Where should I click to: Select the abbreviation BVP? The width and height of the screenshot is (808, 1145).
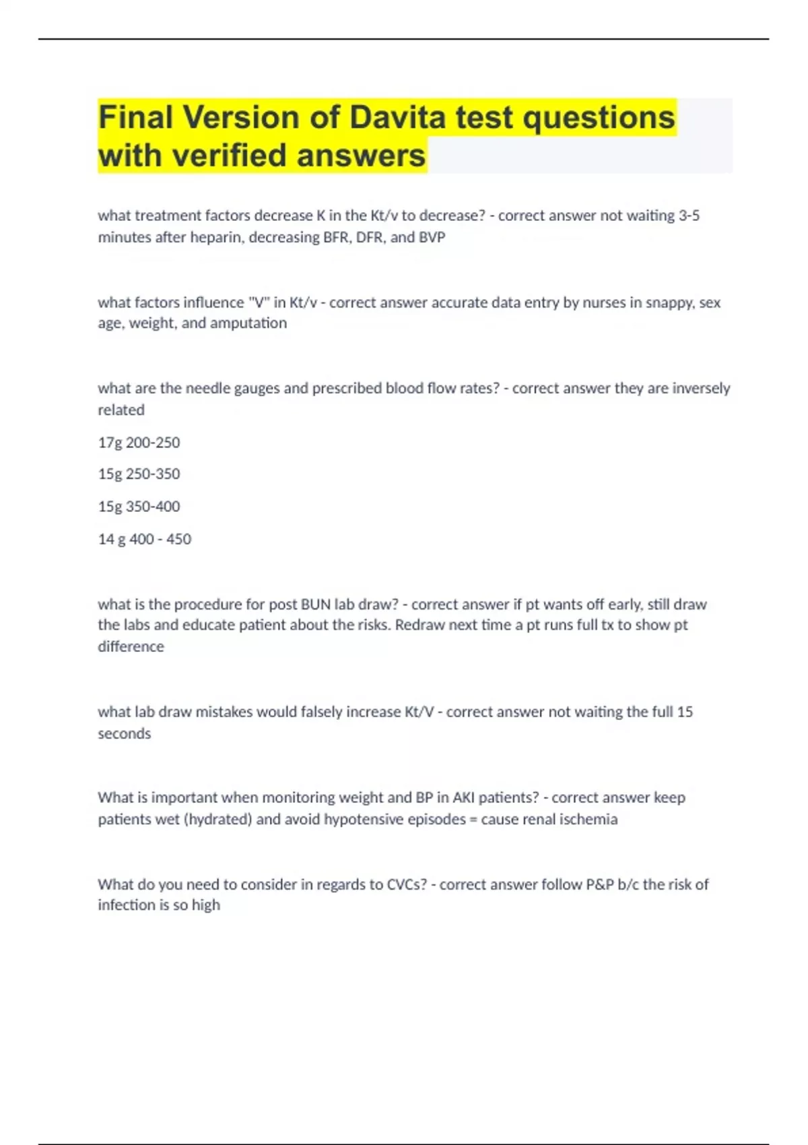[432, 237]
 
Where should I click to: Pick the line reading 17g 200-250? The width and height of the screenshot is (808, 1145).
[139, 443]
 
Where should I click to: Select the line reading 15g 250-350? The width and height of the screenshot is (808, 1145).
[139, 474]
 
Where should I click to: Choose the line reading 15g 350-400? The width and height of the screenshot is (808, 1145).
[139, 506]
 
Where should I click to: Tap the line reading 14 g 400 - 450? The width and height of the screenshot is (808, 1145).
[144, 539]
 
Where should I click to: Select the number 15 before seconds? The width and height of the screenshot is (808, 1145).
[685, 712]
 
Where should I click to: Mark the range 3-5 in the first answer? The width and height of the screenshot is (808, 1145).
[689, 216]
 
